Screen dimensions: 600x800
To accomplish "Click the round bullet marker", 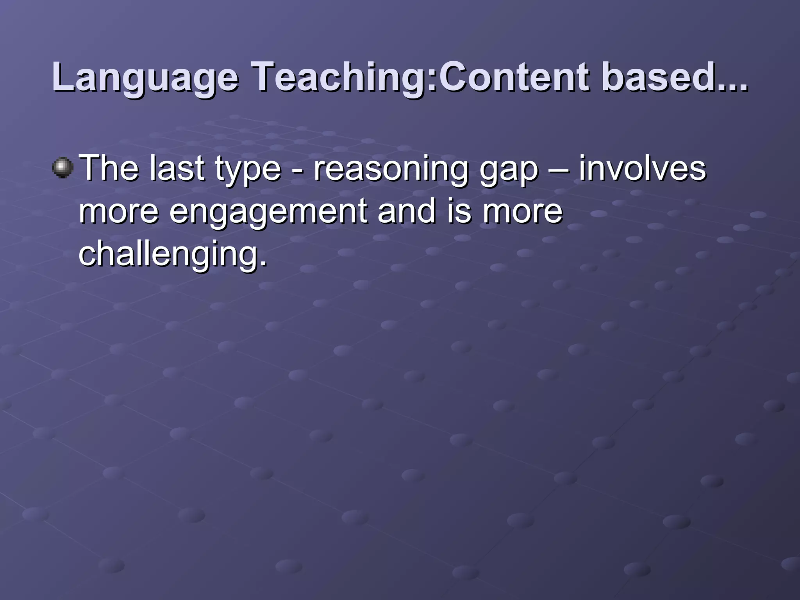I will [x=62, y=168].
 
